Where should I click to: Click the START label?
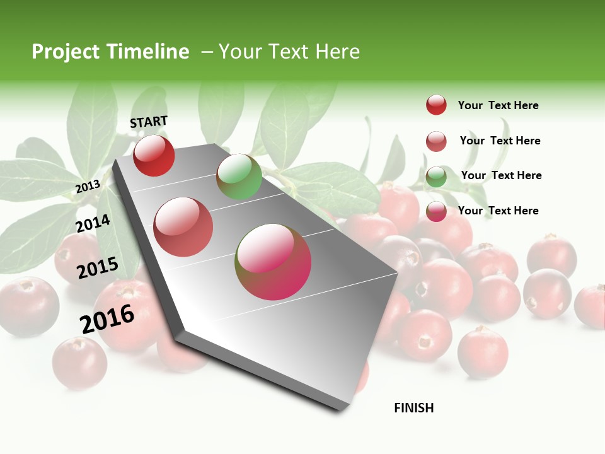point(149,122)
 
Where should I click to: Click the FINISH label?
point(413,408)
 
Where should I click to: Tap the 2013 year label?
point(88,186)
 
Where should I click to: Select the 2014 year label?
point(93,224)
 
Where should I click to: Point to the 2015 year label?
point(98,268)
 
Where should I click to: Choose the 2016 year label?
point(107,318)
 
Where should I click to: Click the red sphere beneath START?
point(154,156)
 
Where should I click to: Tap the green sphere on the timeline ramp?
point(239,177)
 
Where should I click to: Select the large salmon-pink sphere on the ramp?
point(183,227)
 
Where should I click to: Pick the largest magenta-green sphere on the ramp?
point(273,262)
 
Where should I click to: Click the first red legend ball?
point(436,105)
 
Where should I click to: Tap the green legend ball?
point(436,177)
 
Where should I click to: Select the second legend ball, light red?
point(436,141)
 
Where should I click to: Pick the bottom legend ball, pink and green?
point(436,212)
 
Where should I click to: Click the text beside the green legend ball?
point(501,175)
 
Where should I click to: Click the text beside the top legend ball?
point(498,105)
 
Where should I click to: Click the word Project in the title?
point(65,52)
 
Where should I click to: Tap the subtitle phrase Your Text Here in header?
point(289,52)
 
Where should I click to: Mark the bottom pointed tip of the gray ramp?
point(339,409)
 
